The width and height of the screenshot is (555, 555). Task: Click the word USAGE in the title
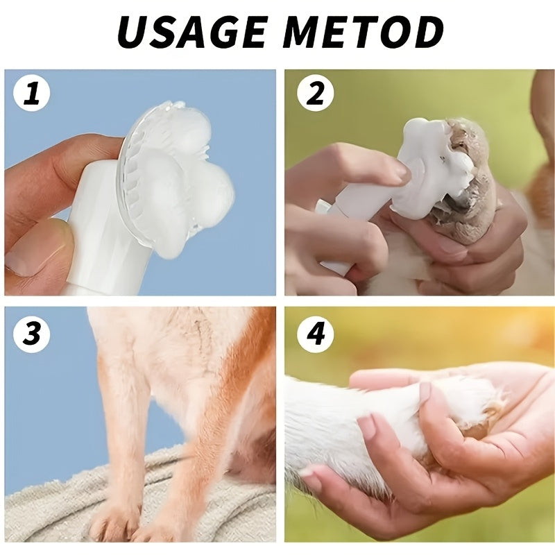pos(191,32)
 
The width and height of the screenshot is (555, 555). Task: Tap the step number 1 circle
pos(32,94)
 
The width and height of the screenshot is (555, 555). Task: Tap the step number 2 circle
pos(316,94)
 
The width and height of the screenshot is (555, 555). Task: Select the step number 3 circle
pos(32,334)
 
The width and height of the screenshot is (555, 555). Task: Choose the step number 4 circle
pos(316,334)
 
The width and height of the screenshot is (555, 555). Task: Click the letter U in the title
pos(133,32)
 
